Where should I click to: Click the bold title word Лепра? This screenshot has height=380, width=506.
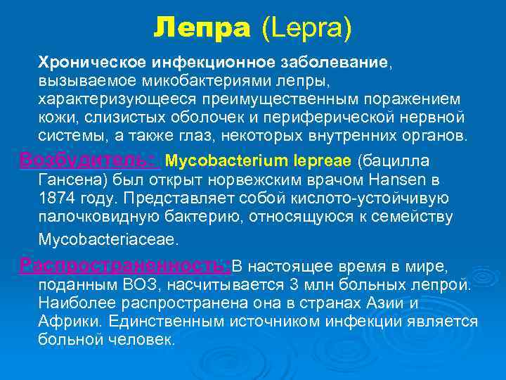(x=202, y=28)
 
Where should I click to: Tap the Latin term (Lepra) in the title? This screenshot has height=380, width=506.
(x=306, y=29)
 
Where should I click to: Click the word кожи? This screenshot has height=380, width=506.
(x=55, y=117)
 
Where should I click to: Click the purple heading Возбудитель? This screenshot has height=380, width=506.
(x=90, y=160)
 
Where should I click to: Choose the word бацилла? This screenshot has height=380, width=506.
(x=396, y=160)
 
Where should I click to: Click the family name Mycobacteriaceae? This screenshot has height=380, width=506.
(x=109, y=239)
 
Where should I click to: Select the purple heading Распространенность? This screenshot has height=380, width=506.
(x=126, y=266)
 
